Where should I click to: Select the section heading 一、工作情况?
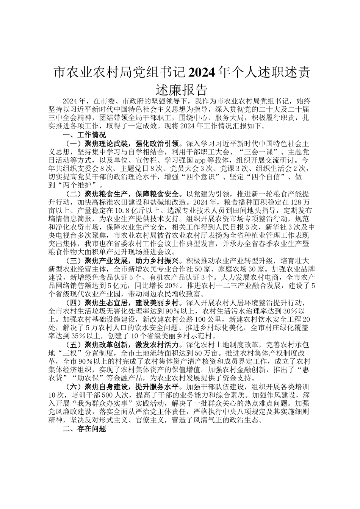84,135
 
